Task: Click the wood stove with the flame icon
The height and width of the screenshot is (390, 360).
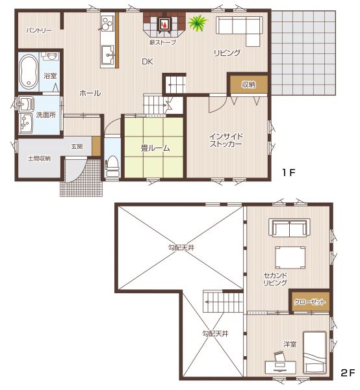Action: (164, 24)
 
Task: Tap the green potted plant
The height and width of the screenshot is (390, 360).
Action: (198, 23)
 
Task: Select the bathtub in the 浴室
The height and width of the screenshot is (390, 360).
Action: (29, 71)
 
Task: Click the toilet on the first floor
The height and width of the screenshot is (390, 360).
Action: (112, 166)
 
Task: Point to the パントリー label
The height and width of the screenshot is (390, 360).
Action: (39, 31)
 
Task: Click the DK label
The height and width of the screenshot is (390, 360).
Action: (147, 62)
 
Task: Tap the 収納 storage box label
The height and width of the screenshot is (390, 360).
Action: (249, 84)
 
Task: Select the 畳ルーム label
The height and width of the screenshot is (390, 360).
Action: (155, 148)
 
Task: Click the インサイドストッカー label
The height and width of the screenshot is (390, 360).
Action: (225, 140)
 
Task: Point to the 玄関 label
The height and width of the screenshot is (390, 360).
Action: (77, 146)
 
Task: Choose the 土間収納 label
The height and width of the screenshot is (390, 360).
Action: (39, 159)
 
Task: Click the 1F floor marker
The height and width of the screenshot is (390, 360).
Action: (289, 172)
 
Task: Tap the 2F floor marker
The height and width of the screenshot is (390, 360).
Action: (348, 373)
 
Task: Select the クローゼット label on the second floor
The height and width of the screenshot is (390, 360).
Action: (309, 302)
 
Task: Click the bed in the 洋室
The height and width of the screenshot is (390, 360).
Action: (315, 352)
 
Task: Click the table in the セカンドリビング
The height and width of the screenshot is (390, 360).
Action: (290, 257)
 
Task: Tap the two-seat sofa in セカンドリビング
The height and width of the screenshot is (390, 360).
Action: (289, 227)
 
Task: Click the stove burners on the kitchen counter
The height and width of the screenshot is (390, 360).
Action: (107, 23)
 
